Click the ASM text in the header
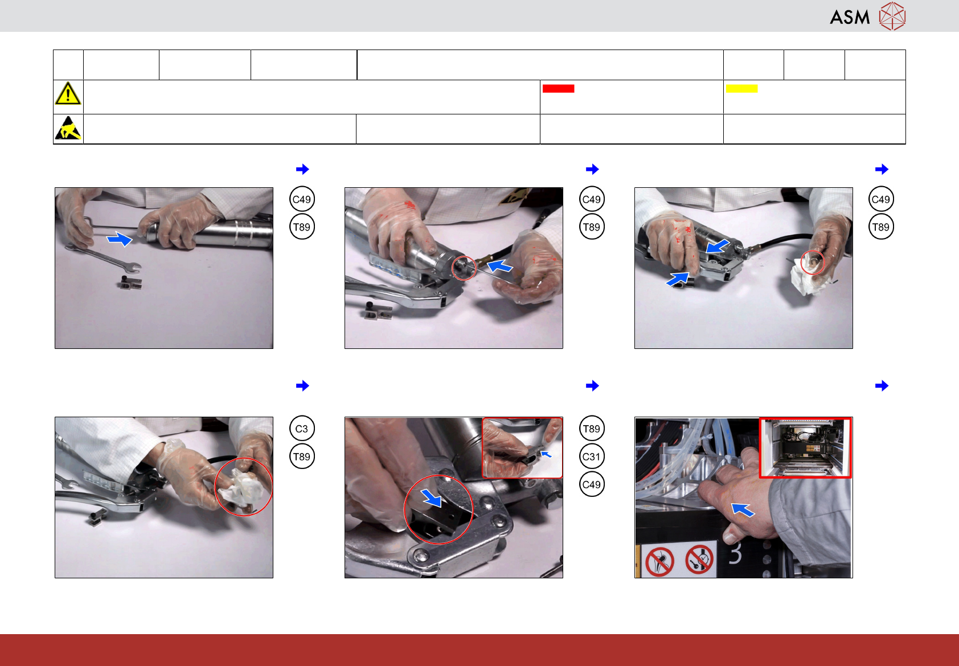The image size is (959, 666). [850, 18]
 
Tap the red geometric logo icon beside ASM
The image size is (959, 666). [892, 17]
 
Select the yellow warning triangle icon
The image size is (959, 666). [68, 94]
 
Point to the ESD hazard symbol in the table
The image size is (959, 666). [68, 128]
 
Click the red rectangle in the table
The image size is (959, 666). [558, 89]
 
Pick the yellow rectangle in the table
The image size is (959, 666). [741, 89]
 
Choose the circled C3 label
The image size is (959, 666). [302, 429]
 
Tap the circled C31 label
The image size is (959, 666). [592, 457]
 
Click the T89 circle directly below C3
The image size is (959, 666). [302, 457]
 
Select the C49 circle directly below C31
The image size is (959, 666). [592, 484]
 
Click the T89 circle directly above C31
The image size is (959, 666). [592, 429]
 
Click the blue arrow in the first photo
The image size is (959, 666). [120, 239]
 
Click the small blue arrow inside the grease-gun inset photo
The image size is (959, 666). [546, 454]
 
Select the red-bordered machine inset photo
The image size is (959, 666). [805, 448]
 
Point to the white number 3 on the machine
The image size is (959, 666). [735, 554]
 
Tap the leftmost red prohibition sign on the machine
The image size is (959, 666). [659, 561]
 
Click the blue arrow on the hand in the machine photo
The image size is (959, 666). [743, 510]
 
